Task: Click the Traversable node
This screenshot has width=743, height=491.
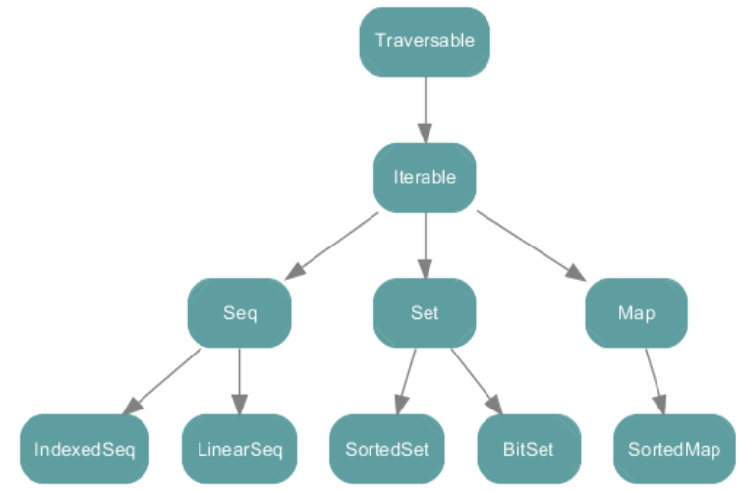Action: (x=425, y=41)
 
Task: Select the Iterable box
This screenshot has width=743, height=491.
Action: (x=425, y=178)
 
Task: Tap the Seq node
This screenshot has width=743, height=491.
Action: (x=239, y=313)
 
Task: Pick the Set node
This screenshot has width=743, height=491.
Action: (x=425, y=313)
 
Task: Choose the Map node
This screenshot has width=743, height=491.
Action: (x=637, y=313)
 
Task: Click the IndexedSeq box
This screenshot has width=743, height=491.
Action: (x=85, y=449)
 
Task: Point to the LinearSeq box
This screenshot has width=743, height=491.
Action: (x=239, y=449)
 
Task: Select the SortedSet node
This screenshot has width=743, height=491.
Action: (x=386, y=449)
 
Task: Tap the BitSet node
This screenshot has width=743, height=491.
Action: (x=529, y=449)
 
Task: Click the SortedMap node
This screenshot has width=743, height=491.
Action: (x=674, y=449)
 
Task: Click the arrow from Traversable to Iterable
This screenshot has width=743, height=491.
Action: (x=425, y=110)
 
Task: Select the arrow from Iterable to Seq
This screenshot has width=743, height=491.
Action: (x=332, y=245)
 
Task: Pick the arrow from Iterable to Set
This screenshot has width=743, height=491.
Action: (x=425, y=245)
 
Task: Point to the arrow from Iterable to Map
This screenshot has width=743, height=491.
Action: (x=531, y=245)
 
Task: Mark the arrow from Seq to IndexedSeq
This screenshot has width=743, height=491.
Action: (x=161, y=382)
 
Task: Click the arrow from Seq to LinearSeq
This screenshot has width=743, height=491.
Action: (x=239, y=381)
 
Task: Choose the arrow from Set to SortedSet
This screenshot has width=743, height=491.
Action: (x=406, y=381)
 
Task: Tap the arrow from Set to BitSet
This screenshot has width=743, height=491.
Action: (x=477, y=381)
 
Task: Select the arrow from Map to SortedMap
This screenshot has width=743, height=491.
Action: (x=656, y=381)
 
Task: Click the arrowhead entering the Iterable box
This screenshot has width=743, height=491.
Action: (x=425, y=134)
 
